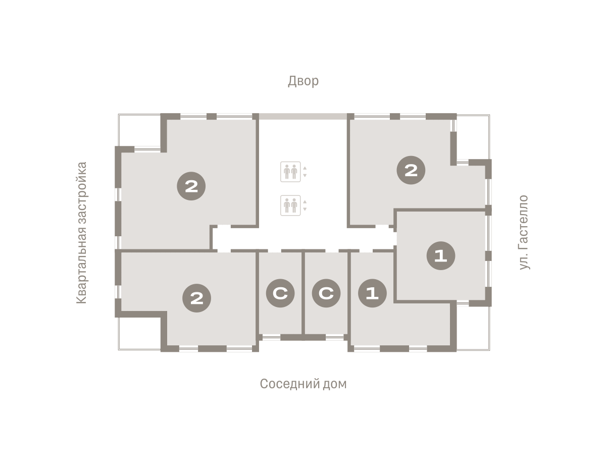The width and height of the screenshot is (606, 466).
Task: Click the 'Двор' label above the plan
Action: tap(303, 81)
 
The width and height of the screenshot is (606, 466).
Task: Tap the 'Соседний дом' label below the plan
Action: tap(303, 384)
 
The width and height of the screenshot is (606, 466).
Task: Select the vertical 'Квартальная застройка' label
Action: tap(82, 232)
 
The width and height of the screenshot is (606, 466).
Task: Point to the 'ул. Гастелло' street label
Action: tap(523, 232)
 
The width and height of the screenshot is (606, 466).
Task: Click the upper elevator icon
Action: tap(290, 172)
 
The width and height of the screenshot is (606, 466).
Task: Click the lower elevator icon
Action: tap(290, 205)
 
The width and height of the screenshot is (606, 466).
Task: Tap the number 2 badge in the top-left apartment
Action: tap(191, 186)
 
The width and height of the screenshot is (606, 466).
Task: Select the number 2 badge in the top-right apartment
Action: tap(411, 170)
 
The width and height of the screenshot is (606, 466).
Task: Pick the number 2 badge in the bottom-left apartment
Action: tap(196, 298)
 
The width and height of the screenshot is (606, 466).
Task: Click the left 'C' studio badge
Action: tap(280, 293)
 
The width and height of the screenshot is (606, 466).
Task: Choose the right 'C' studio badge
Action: tap(326, 293)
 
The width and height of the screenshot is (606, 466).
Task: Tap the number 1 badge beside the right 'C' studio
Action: tap(372, 293)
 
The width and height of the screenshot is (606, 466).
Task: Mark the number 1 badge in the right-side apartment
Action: tap(441, 255)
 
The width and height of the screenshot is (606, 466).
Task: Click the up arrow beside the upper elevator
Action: tap(305, 168)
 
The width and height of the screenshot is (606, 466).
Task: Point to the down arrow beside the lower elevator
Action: tap(305, 209)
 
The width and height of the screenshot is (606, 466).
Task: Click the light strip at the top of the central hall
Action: tap(303, 117)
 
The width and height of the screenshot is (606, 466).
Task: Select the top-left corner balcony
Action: tap(139, 130)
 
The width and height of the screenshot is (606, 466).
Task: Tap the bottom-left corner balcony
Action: tap(139, 334)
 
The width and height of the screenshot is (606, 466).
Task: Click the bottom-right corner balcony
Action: tap(473, 328)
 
